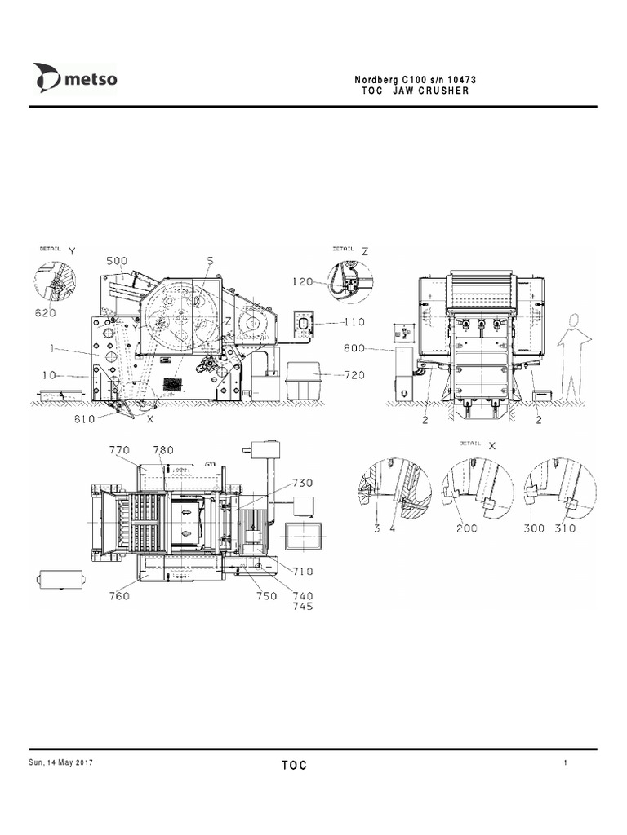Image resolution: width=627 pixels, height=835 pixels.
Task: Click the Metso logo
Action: click(75, 80)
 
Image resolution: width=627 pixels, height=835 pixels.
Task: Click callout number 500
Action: click(117, 261)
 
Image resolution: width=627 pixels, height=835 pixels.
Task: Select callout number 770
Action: click(120, 449)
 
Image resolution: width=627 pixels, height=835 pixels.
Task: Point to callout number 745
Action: click(303, 606)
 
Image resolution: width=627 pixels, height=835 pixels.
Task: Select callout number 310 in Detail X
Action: click(564, 528)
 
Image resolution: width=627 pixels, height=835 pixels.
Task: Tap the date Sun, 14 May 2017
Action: click(62, 762)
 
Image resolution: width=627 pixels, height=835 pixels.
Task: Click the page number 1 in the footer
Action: click(565, 762)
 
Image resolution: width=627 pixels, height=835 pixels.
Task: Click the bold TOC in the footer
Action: click(295, 765)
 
